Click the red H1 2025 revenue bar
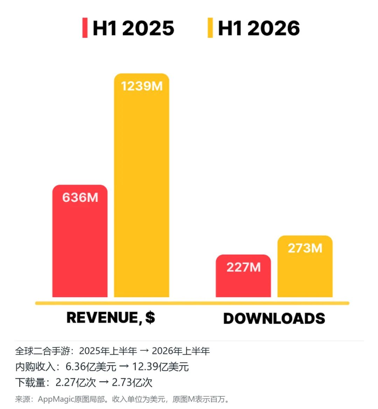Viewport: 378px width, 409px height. [x=80, y=241]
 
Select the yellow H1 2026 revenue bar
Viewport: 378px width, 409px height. [x=141, y=185]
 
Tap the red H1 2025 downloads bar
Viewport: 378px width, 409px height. [x=243, y=276]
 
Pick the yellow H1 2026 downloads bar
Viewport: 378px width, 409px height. [x=305, y=266]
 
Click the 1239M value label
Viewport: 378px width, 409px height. [x=142, y=86]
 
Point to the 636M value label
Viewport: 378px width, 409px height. [x=80, y=197]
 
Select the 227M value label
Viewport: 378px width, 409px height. [x=243, y=267]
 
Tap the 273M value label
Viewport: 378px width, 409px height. [x=305, y=248]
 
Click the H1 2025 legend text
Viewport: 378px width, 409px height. [x=133, y=28]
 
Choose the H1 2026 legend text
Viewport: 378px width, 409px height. [x=259, y=28]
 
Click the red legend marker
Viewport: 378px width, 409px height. [x=85, y=28]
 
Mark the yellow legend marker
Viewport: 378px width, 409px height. [x=210, y=28]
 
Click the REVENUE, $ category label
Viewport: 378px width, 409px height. [x=111, y=318]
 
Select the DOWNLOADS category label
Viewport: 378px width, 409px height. [x=274, y=318]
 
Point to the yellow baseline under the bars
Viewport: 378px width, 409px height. [x=192, y=303]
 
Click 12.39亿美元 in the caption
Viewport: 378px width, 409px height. [x=160, y=367]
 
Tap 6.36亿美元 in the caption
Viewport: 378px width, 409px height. [x=91, y=367]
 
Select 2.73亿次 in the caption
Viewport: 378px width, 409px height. [x=132, y=382]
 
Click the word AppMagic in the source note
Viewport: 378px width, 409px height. [x=56, y=399]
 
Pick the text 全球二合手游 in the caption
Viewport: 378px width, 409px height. [x=43, y=351]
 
